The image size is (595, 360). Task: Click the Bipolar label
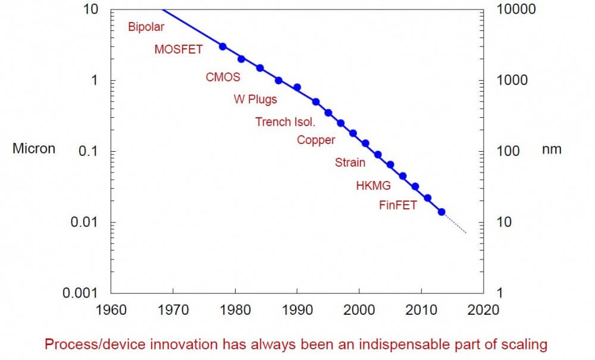point(146,27)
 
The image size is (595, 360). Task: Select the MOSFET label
point(178,49)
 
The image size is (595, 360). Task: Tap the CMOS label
point(223,77)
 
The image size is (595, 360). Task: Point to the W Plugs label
point(255,99)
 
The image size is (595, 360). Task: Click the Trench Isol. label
point(286,122)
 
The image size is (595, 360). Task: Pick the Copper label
point(316,140)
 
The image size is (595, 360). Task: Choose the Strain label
point(350,162)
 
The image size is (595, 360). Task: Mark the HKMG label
point(373,186)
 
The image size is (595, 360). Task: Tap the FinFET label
point(398,206)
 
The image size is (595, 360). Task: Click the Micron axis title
point(34,149)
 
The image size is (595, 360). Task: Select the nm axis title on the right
point(552,149)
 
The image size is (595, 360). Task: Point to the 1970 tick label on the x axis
point(173,309)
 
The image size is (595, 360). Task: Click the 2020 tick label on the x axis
point(484,309)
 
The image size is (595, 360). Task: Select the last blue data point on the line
point(441,212)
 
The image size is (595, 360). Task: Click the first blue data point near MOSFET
point(223,46)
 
